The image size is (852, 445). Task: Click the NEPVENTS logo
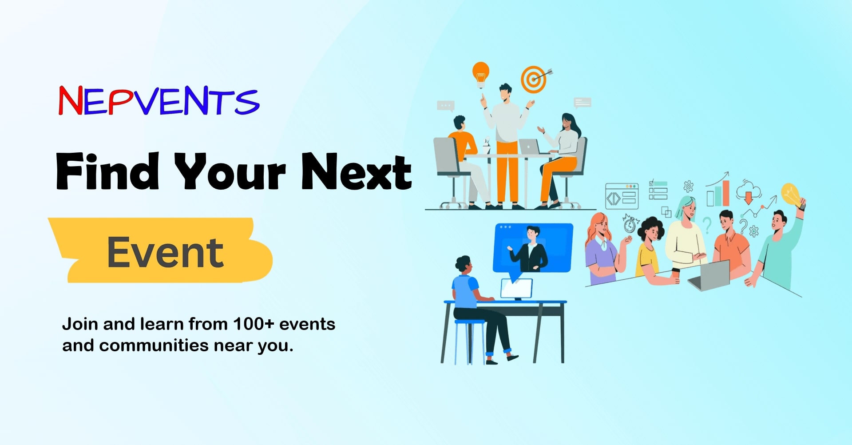(x=159, y=100)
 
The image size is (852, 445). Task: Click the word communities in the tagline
(x=154, y=345)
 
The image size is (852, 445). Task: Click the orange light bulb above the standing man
(x=480, y=74)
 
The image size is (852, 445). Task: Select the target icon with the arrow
(x=535, y=79)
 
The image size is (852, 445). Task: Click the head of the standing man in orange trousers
(x=505, y=93)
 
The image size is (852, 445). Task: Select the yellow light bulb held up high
(x=790, y=195)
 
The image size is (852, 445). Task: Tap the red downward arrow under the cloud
(x=749, y=198)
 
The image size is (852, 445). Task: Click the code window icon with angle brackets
(x=622, y=196)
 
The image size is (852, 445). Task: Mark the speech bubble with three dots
(x=445, y=106)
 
